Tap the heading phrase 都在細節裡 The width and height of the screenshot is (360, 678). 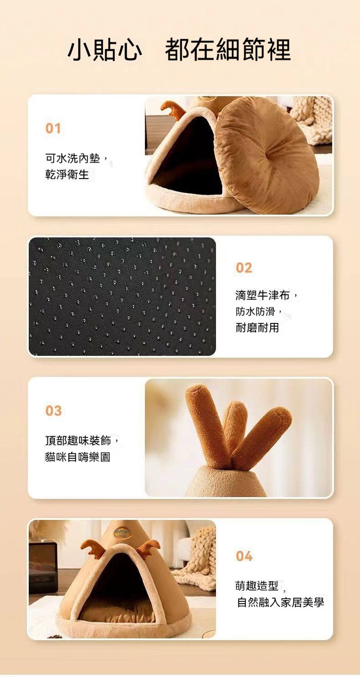coord(228,49)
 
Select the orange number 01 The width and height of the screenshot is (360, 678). coord(53,128)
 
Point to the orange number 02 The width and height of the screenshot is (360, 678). coord(244,268)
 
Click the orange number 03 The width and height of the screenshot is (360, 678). coord(54,411)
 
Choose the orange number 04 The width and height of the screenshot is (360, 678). coord(244,556)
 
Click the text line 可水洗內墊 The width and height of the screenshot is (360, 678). coord(72,158)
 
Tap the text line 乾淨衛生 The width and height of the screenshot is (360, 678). coord(67,175)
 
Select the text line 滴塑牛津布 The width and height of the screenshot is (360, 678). coord(262,295)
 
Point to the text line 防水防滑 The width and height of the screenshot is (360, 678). coord(255,312)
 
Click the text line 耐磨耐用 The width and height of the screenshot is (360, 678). coord(257,328)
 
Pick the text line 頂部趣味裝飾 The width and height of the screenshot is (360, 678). coord(78,441)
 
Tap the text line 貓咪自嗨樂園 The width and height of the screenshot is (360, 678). coord(78,457)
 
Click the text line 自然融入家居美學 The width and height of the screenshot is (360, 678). coord(280,603)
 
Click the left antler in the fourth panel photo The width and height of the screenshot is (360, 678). coord(92,547)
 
